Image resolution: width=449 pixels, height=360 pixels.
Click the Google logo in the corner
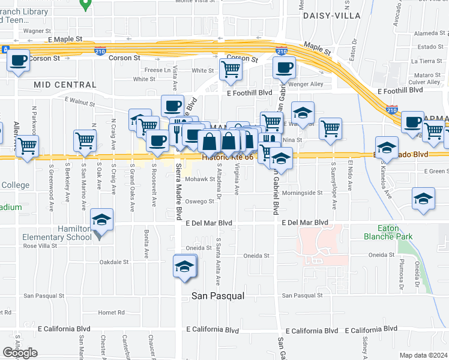pyautogui.click(x=20, y=353)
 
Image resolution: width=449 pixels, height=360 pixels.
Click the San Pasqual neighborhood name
pyautogui.click(x=218, y=296)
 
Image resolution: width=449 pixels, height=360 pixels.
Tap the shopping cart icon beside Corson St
pyautogui.click(x=231, y=69)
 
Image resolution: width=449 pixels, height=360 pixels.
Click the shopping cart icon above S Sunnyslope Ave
pyautogui.click(x=331, y=128)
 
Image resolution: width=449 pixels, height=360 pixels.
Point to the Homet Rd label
pyautogui.click(x=112, y=313)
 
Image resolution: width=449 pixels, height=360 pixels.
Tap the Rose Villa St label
pyautogui.click(x=40, y=245)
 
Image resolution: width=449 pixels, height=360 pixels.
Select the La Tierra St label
pyautogui.click(x=426, y=61)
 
